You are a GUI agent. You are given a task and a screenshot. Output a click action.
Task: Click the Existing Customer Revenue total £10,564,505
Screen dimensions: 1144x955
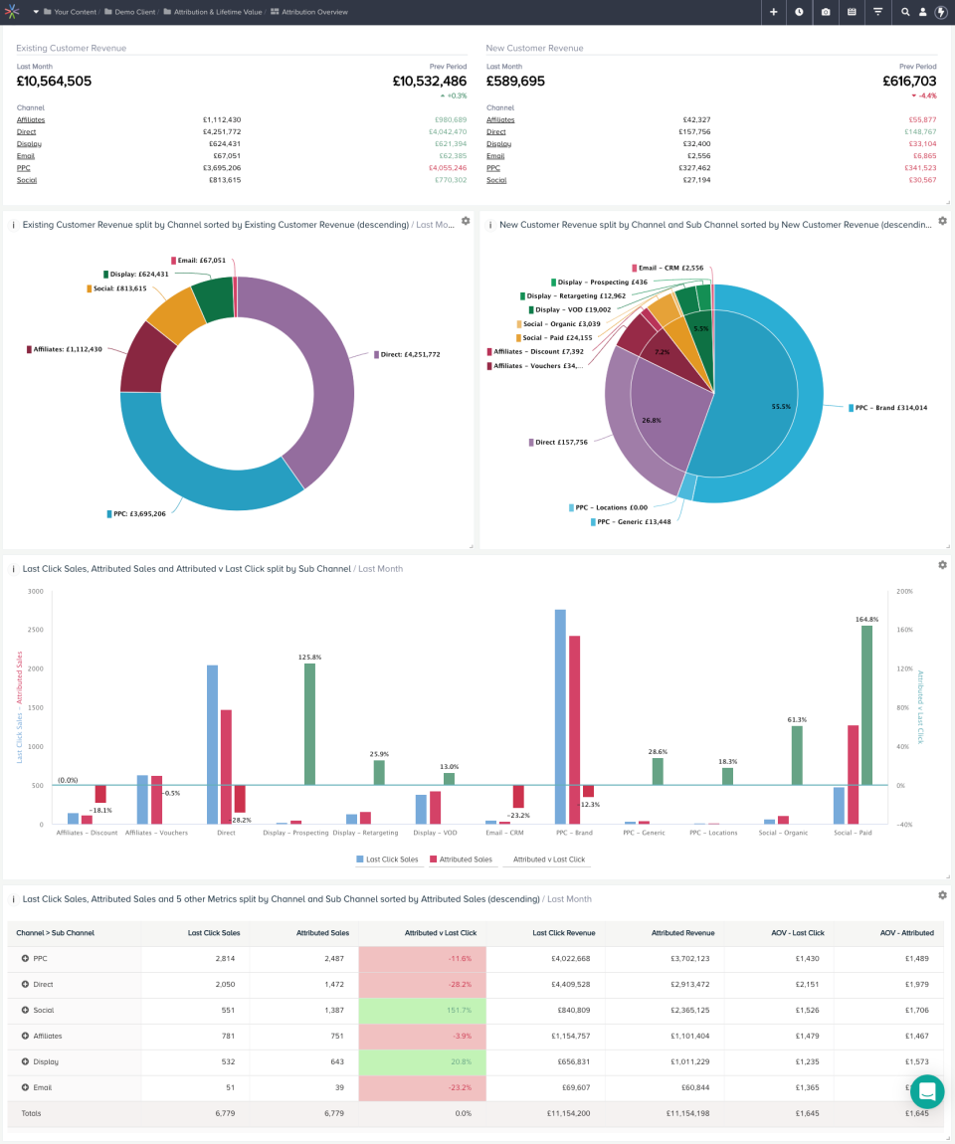point(54,82)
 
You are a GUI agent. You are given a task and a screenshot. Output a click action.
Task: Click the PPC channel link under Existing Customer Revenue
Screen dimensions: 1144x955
point(24,168)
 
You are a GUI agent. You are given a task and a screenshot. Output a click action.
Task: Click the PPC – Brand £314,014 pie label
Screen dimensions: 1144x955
point(890,408)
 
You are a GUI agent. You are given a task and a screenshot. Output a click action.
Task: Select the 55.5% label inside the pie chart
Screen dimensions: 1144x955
point(781,407)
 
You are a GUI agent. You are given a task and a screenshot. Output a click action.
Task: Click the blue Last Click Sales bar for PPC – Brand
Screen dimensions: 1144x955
point(560,716)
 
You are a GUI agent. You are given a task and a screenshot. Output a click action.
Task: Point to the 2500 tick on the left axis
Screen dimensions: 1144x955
point(36,630)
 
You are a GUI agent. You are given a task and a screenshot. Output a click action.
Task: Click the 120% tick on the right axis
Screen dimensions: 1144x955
point(904,668)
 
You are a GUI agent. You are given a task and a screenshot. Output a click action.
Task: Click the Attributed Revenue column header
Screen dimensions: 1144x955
point(682,933)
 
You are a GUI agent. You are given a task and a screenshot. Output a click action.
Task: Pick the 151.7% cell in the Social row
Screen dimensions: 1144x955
point(422,1010)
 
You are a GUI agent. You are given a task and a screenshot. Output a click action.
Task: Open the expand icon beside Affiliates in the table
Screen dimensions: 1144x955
point(25,1036)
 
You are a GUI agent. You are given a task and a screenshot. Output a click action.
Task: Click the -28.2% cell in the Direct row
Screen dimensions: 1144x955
point(422,984)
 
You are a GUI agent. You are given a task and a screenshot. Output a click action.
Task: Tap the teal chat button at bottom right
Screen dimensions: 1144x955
point(926,1091)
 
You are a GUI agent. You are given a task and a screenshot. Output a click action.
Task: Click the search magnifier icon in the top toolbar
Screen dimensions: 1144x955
point(905,12)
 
